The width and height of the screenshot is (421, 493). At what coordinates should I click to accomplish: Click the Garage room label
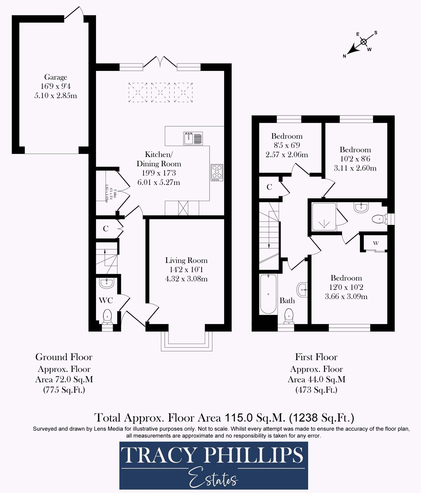(x=56, y=78)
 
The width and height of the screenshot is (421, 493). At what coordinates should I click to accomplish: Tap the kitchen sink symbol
(x=193, y=138)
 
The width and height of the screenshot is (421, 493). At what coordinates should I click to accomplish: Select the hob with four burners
(x=217, y=173)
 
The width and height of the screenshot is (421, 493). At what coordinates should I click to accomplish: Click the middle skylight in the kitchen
(x=160, y=93)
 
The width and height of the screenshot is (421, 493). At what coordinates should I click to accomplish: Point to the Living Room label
(x=186, y=260)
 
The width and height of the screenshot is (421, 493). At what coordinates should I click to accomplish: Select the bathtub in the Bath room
(x=268, y=294)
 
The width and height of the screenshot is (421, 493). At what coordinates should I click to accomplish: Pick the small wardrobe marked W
(x=375, y=243)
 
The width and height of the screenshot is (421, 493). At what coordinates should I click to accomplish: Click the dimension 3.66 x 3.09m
(x=346, y=296)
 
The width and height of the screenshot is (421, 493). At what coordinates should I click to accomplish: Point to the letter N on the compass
(x=344, y=56)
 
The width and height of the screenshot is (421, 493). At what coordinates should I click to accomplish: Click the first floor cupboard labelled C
(x=269, y=187)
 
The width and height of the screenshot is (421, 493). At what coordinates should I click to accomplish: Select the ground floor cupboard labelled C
(x=106, y=228)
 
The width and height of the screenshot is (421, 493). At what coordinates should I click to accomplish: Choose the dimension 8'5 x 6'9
(x=287, y=145)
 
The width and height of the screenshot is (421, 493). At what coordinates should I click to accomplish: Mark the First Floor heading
(x=316, y=357)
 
